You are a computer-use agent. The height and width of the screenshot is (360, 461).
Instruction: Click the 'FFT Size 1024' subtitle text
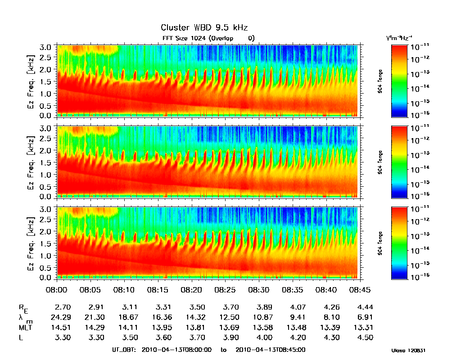click(184, 38)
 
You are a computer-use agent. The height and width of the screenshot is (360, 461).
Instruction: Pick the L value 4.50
click(364, 337)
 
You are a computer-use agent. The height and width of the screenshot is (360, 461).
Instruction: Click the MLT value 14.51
click(62, 327)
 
